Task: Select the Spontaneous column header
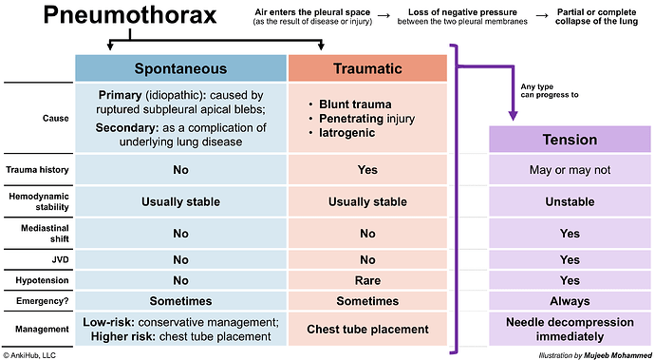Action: pos(180,68)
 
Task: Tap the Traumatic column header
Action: pos(367,68)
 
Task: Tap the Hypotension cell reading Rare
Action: pos(367,279)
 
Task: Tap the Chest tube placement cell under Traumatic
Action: pos(367,329)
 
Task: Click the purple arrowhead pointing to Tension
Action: pos(513,116)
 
